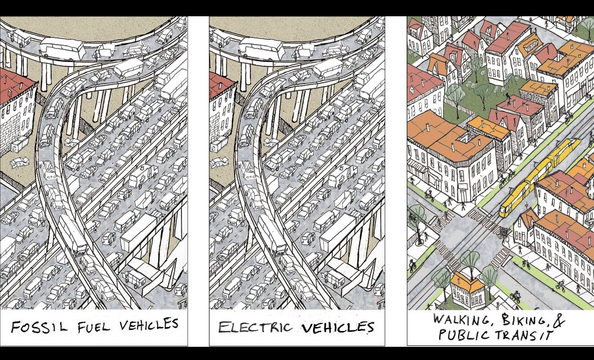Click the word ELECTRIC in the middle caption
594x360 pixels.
click(x=255, y=327)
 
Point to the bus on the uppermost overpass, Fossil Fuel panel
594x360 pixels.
click(x=60, y=47)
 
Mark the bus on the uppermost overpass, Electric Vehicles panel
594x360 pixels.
click(x=260, y=47)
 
